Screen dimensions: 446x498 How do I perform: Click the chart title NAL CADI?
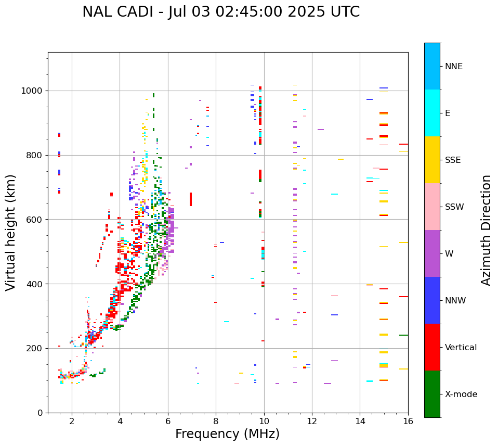pos(221,12)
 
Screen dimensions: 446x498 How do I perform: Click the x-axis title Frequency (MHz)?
pos(227,434)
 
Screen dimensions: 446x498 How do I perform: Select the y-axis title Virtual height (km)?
pos(11,233)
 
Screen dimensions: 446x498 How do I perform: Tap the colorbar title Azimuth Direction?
pos(486,230)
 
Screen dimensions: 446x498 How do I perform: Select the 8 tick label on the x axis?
pos(216,421)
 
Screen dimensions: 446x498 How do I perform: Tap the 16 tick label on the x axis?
pos(408,421)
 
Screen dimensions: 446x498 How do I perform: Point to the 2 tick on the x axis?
pos(72,421)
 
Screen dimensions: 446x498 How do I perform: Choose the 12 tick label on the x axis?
pos(312,421)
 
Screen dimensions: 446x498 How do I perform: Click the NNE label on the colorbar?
pos(453,66)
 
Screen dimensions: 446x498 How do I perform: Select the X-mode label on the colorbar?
pos(461,394)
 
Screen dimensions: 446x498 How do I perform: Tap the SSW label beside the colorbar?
pos(454,207)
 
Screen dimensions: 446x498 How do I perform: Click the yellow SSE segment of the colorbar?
pos(432,160)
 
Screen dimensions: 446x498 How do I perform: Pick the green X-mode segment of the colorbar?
pos(432,394)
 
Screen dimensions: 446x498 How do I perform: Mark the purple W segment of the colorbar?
pos(432,253)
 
